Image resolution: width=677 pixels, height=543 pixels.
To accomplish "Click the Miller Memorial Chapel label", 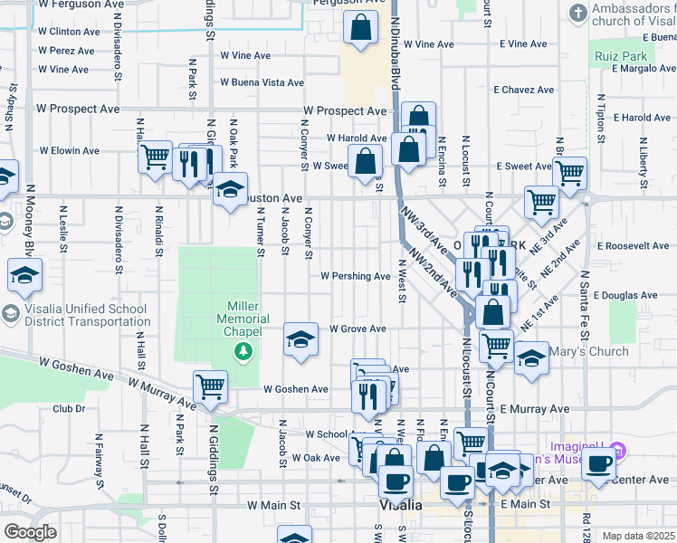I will (243, 319).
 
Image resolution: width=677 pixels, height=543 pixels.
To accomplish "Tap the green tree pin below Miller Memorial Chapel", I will (243, 350).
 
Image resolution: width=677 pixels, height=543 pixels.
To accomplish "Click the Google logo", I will (30, 532).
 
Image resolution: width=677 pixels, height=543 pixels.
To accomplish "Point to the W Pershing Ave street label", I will (355, 276).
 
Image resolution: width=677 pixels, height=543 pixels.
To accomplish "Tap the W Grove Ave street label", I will (358, 329).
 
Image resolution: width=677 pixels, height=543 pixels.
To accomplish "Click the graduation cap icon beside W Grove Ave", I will (301, 339).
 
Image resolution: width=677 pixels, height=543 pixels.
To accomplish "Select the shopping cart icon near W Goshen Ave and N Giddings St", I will (210, 386).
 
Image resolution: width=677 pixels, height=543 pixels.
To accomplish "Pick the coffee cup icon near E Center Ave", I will (598, 464).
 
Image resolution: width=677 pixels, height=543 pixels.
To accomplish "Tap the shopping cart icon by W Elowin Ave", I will (155, 156).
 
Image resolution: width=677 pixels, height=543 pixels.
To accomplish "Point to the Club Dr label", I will (68, 408).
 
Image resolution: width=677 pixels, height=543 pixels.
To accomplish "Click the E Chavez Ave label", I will (523, 90).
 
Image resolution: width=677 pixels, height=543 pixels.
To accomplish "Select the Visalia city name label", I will (400, 505).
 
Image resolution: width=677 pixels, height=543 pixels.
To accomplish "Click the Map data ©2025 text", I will (638, 536).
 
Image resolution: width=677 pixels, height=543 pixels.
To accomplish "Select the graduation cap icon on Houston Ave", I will (230, 189).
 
